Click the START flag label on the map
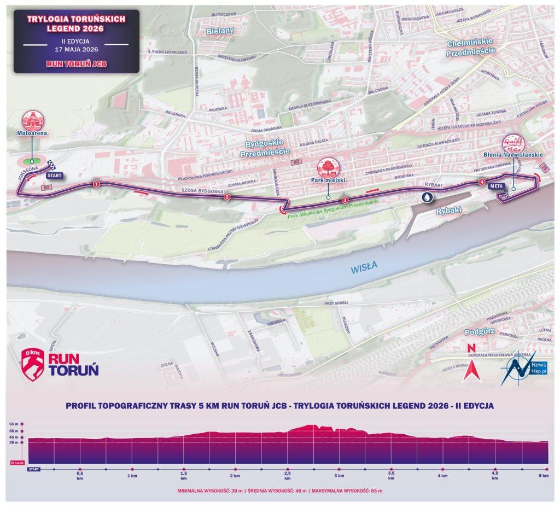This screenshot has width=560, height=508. coord(54,176)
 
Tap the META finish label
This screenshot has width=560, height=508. coord(496,186)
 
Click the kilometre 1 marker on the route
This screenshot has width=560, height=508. coord(96,184)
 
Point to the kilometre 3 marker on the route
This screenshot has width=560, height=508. coord(345,201)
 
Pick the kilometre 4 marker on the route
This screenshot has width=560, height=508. coord(481,182)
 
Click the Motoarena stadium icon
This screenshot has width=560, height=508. coord(32,122)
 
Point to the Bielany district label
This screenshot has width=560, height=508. coord(220,31)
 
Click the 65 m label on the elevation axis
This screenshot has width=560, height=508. coord(13,424)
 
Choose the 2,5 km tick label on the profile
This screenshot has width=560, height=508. coord(287,475)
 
